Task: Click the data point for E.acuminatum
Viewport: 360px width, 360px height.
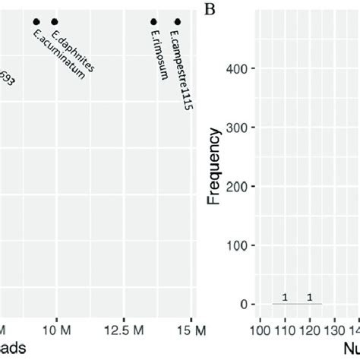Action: (36, 22)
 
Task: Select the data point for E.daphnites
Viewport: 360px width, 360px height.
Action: (54, 22)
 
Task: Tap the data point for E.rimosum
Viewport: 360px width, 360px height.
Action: (153, 22)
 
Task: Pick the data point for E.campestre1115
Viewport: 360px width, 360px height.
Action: (178, 22)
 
